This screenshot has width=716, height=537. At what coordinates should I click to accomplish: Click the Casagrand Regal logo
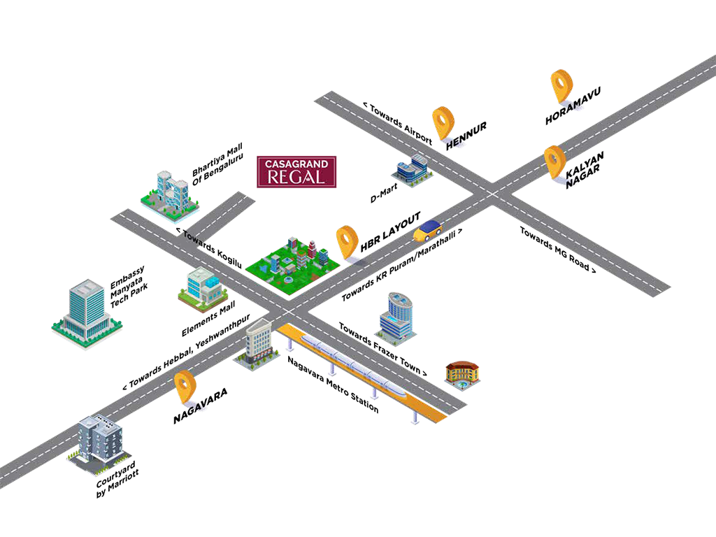click(x=296, y=171)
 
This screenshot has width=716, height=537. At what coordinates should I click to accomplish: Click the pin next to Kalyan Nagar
click(x=554, y=162)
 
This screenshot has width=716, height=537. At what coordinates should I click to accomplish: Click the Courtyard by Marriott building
click(x=99, y=441)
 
